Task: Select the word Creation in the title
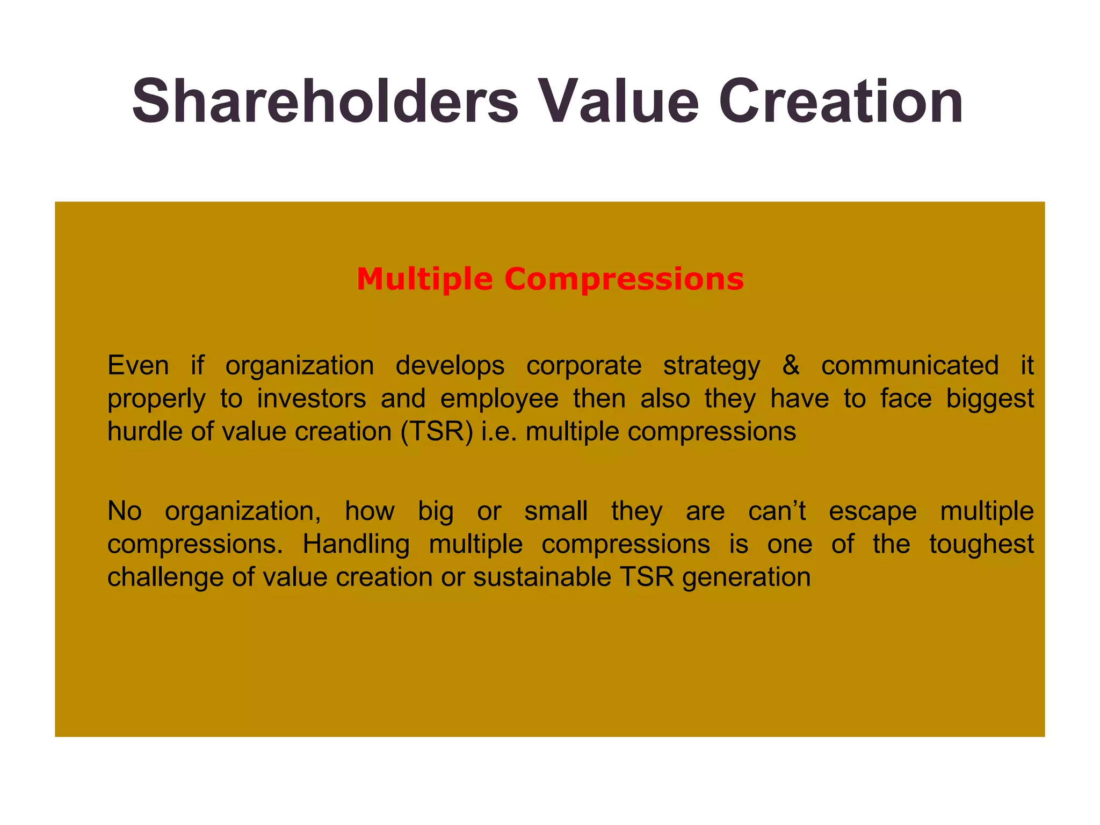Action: point(841,102)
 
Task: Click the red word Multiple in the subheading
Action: point(424,279)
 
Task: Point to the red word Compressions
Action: point(624,279)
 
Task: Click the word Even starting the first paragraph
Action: point(138,365)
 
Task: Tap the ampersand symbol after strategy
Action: point(791,365)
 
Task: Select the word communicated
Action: point(910,365)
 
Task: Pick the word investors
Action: point(312,399)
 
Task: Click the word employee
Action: point(500,399)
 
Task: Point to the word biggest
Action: point(990,399)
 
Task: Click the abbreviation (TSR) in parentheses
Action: point(437,431)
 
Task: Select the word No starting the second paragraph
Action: point(125,511)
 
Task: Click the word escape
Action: point(873,511)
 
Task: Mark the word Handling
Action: point(356,544)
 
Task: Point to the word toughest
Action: point(981,544)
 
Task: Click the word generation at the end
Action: point(747,577)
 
